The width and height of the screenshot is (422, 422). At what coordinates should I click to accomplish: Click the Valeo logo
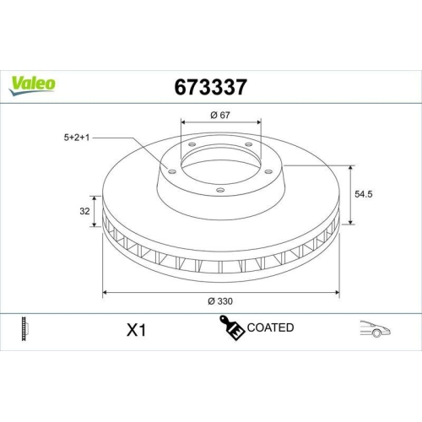[33, 83]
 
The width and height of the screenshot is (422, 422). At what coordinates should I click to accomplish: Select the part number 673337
[210, 86]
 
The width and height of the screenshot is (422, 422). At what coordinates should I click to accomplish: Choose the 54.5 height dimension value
[365, 193]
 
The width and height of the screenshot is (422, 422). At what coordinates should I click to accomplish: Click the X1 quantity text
[135, 331]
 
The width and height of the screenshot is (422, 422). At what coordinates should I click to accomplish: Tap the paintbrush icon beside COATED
[231, 327]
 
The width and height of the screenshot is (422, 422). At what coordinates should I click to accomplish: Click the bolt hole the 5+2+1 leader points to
[171, 171]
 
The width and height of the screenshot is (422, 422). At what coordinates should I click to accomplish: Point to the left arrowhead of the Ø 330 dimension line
[104, 292]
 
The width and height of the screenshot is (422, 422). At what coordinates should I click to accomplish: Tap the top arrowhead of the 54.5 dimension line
[349, 165]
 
